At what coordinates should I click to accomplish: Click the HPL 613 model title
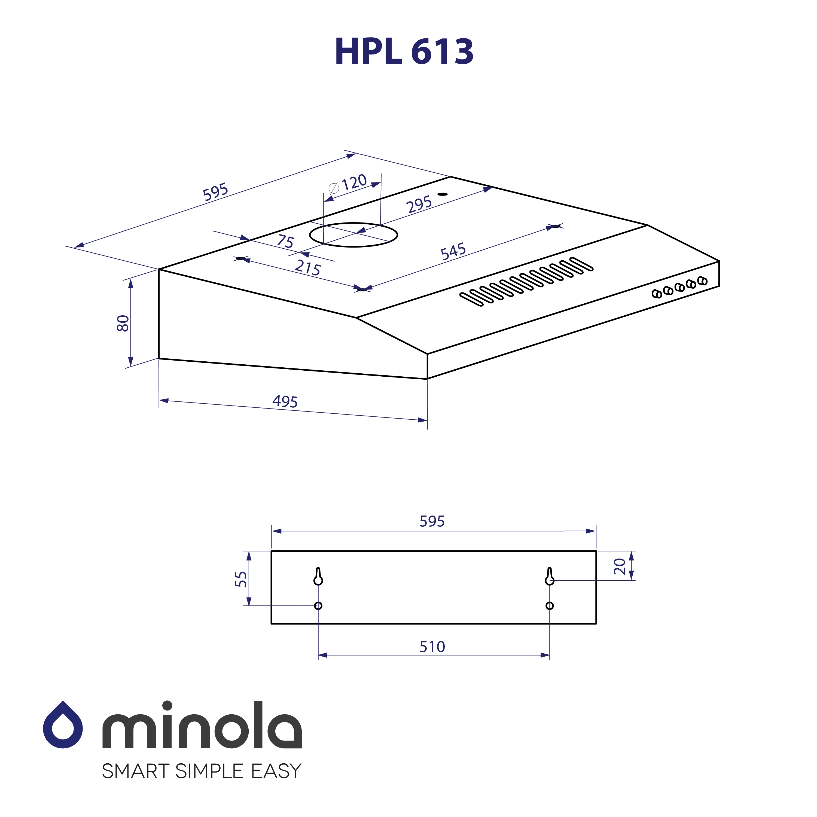[x=404, y=51]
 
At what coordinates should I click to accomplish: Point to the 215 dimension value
[x=307, y=268]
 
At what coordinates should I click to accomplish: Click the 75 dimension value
[x=285, y=242]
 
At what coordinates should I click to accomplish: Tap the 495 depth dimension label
[x=285, y=401]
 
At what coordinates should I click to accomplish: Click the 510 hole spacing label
[x=432, y=647]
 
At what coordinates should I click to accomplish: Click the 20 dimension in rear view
[x=620, y=566]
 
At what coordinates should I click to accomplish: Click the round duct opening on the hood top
[x=353, y=235]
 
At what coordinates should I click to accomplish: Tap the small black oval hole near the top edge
[x=442, y=194]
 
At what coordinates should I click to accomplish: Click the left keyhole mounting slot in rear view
[x=318, y=577]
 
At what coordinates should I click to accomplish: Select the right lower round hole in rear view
[x=549, y=606]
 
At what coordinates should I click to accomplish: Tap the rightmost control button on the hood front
[x=702, y=281]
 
